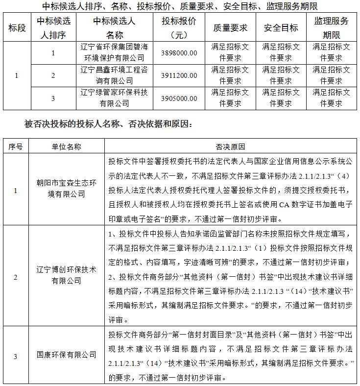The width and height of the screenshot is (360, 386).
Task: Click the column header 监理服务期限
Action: (x=332, y=28)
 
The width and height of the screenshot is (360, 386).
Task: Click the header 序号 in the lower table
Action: (x=15, y=146)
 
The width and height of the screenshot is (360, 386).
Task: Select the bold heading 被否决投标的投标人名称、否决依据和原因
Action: (x=108, y=124)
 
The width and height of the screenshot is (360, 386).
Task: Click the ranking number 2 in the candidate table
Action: (x=53, y=75)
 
